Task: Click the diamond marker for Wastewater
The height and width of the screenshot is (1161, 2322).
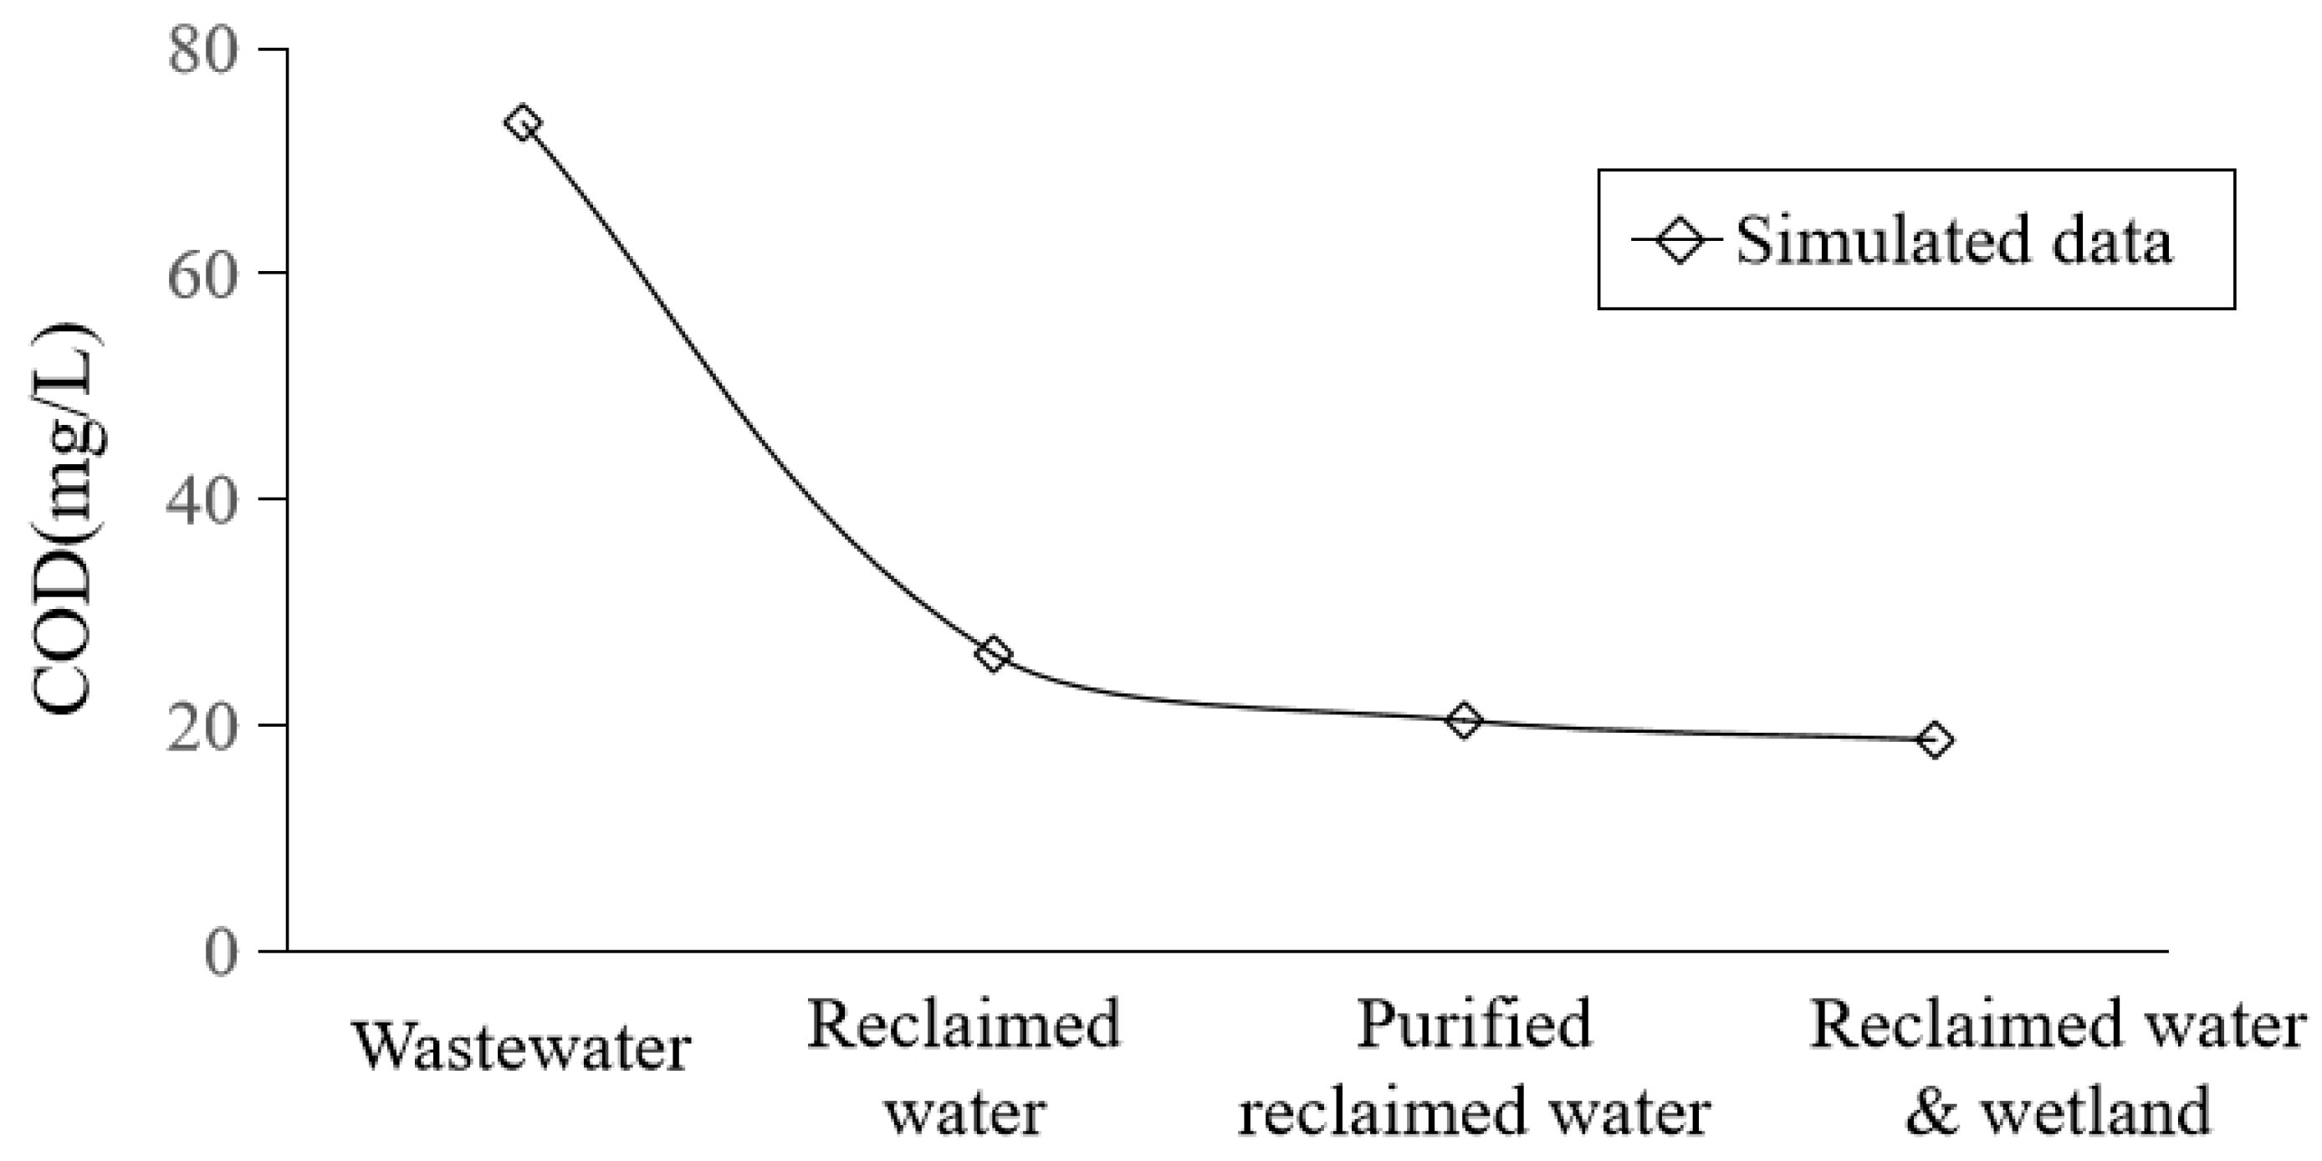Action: coord(523,123)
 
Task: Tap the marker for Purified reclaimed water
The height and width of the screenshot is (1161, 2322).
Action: coord(1464,720)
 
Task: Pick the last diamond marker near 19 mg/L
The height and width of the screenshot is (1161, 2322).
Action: coord(1935,741)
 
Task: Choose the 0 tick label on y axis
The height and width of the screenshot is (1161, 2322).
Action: coord(221,952)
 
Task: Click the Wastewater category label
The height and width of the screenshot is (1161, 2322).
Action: coord(523,1048)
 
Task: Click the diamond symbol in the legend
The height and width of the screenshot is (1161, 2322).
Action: coord(1680,240)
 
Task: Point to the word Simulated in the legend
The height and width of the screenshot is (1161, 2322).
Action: coord(1879,242)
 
